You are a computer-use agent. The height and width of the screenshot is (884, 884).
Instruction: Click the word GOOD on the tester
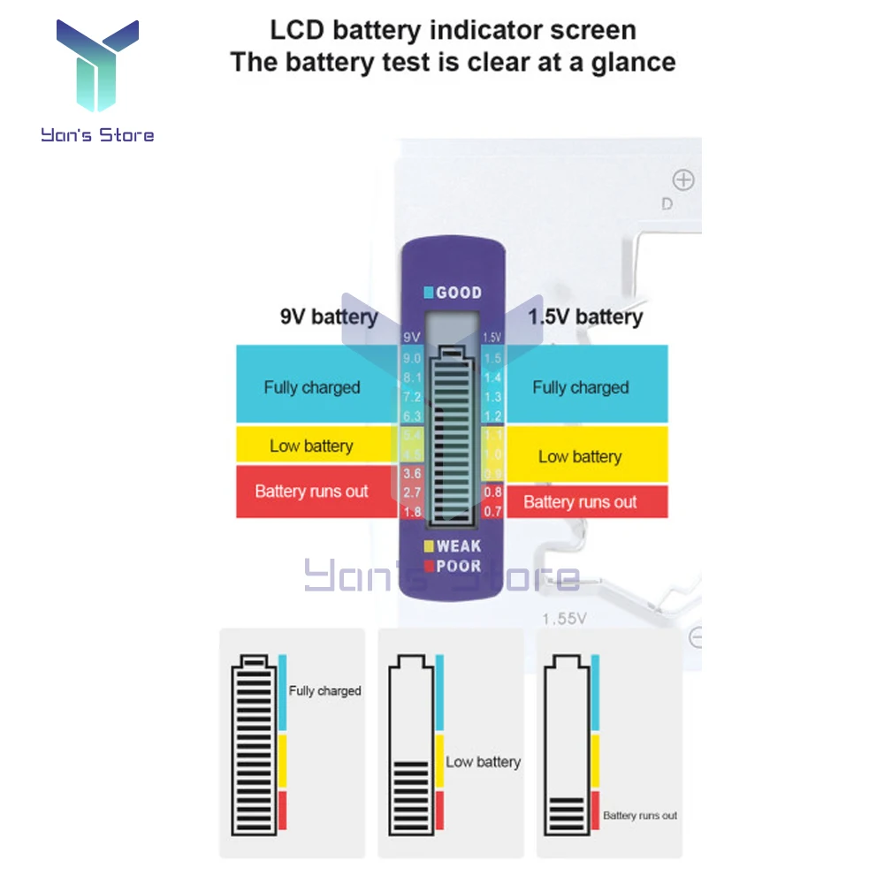(x=459, y=293)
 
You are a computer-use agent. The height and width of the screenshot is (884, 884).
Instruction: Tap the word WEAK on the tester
(x=458, y=546)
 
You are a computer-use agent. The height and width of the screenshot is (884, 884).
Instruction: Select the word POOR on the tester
(x=458, y=566)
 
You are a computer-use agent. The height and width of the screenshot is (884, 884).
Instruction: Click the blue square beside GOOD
(x=429, y=293)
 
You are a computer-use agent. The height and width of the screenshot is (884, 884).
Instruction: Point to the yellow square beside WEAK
(x=429, y=546)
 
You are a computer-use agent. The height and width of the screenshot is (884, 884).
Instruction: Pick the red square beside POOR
(x=429, y=566)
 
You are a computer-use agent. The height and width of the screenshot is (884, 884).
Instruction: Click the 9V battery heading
(x=329, y=316)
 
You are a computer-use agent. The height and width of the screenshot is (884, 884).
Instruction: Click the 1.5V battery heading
(x=585, y=316)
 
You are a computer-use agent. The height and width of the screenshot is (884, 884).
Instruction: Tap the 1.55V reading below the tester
(x=564, y=619)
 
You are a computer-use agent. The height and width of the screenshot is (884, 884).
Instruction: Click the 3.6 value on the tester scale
(x=412, y=474)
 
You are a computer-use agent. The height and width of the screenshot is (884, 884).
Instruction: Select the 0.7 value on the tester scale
(x=492, y=511)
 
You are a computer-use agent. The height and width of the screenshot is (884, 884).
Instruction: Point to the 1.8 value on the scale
(x=412, y=511)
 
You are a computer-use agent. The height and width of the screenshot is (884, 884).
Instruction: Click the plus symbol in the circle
(x=683, y=181)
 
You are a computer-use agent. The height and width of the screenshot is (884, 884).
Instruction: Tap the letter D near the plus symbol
(x=667, y=204)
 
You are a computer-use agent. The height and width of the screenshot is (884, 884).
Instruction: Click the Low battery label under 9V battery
(x=311, y=446)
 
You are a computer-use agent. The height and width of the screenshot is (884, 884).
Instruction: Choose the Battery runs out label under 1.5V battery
(x=580, y=502)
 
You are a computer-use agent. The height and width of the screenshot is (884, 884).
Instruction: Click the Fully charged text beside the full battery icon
(x=324, y=690)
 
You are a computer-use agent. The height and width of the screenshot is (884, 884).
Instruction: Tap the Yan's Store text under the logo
(x=97, y=135)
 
